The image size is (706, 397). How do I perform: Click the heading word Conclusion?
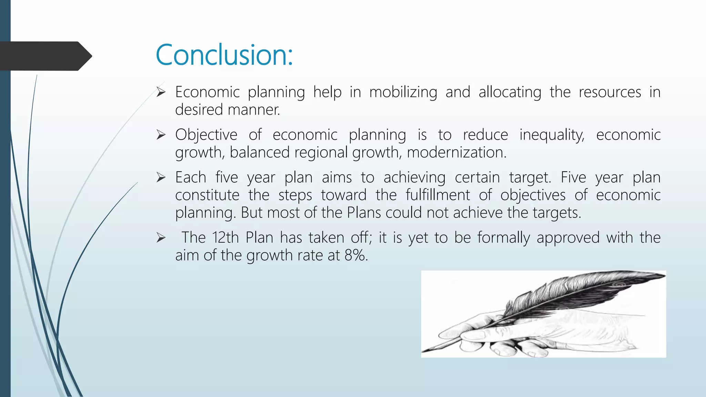tap(224, 55)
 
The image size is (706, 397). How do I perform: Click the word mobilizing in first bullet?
tap(403, 92)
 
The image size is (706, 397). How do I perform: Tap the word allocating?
tap(510, 92)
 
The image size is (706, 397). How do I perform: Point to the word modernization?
tap(456, 152)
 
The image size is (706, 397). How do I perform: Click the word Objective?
tap(206, 135)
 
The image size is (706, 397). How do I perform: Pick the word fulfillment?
tap(437, 195)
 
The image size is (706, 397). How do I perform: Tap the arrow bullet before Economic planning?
tap(161, 92)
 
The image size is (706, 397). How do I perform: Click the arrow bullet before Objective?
tap(161, 135)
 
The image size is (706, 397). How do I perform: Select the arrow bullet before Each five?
tap(161, 177)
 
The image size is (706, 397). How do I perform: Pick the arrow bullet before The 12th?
tap(161, 237)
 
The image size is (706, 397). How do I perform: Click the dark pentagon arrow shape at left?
tap(45, 56)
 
